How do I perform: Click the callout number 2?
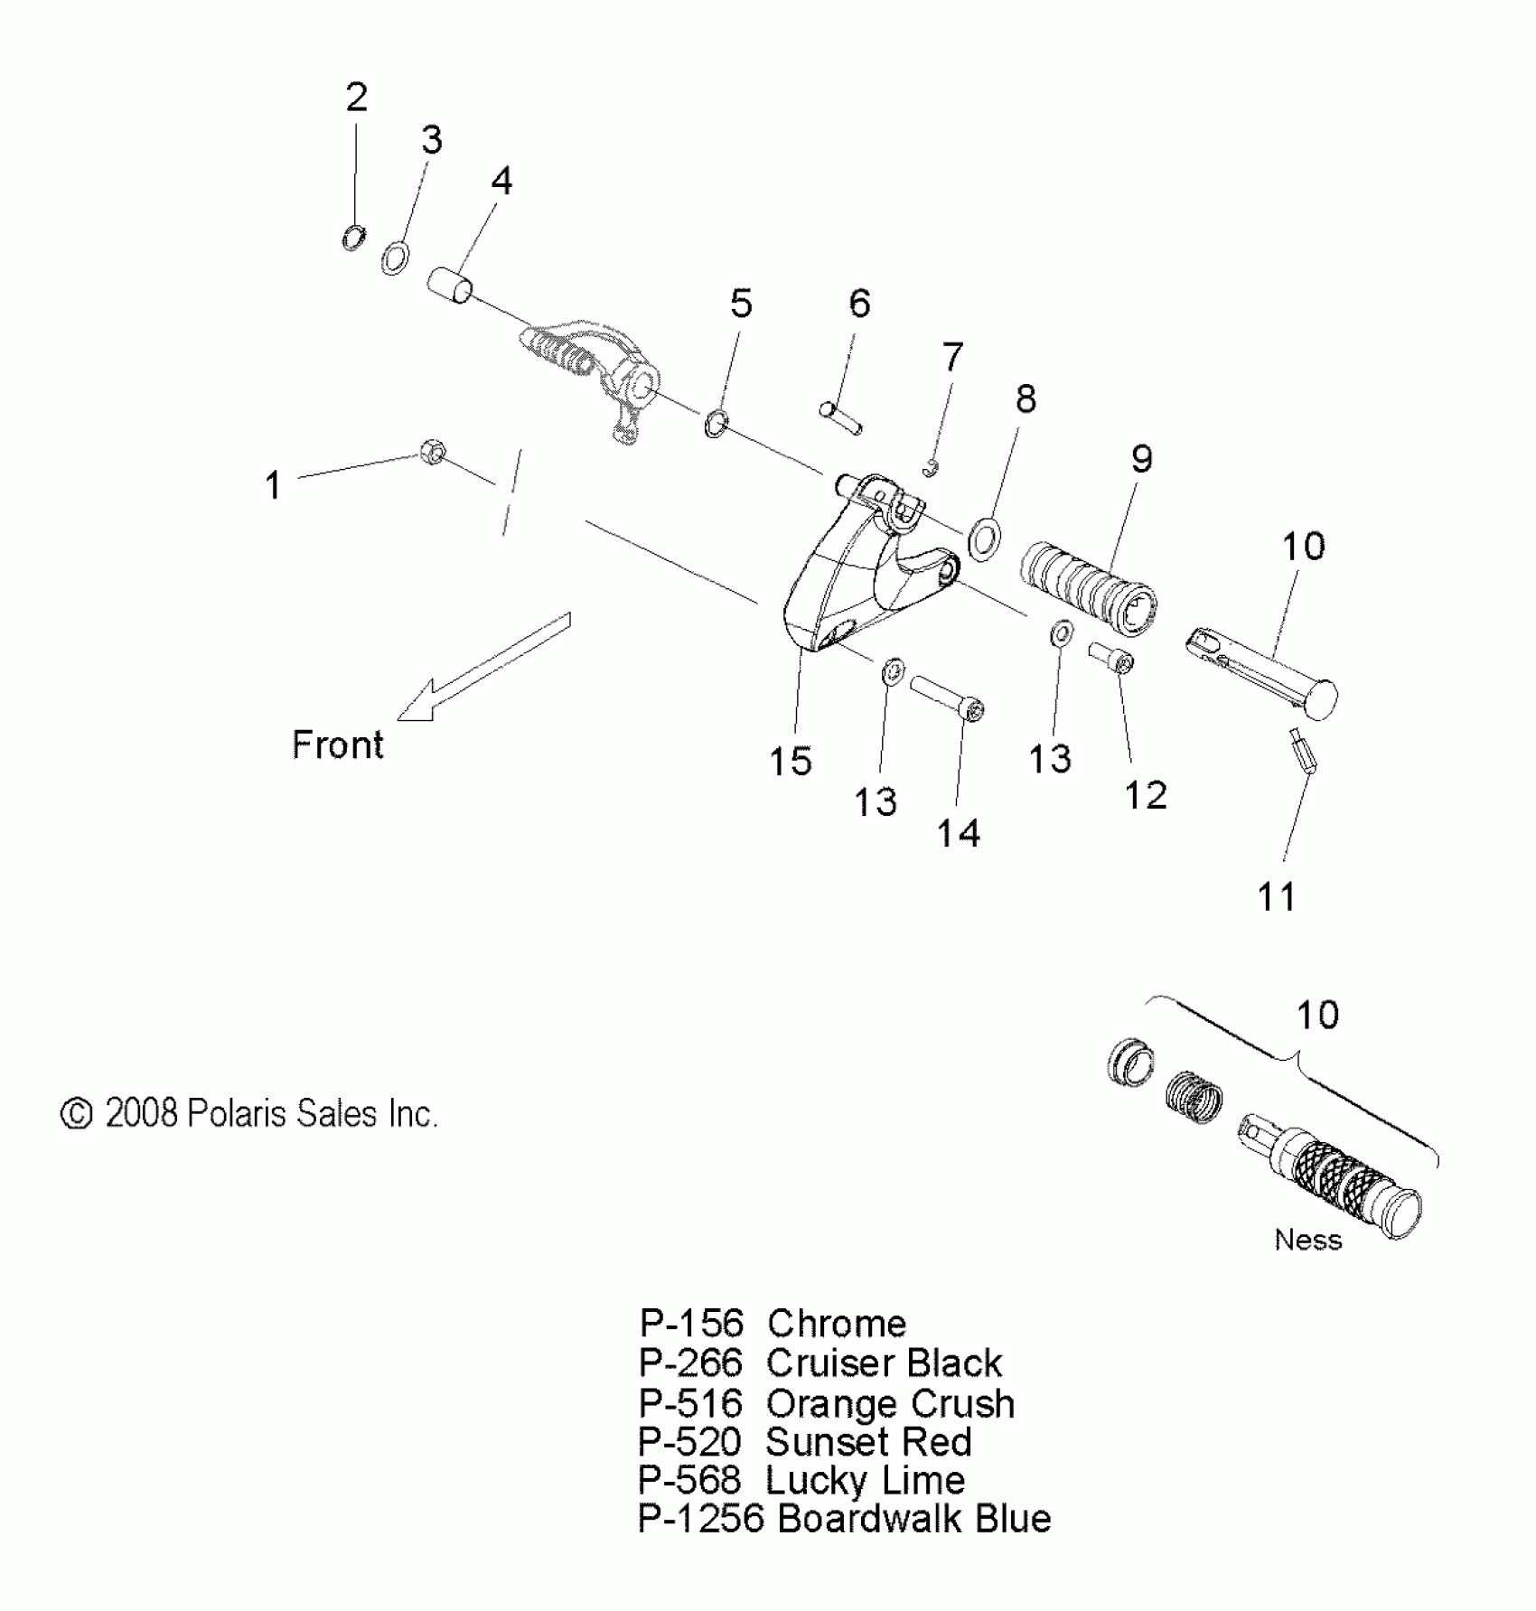pos(357,97)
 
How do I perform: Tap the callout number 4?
pos(501,182)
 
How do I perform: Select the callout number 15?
pos(791,762)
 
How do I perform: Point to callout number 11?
pos(1277,896)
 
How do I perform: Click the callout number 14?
pos(958,833)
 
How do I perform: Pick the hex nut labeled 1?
pos(432,450)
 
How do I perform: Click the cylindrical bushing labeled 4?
pos(450,284)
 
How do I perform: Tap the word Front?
pos(338,745)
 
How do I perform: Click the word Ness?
pos(1307,1240)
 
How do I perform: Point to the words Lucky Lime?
pos(866,1480)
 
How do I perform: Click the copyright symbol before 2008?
pos(77,1114)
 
